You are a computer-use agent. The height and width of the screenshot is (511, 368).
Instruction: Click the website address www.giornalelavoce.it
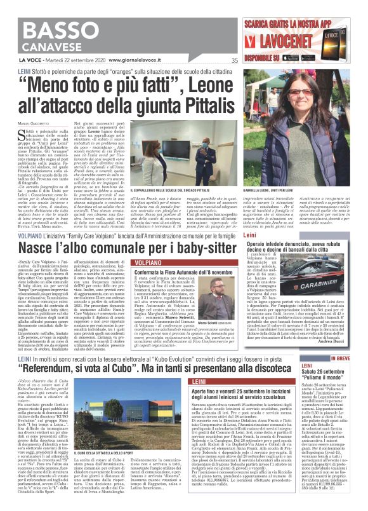pyautogui.click(x=108, y=61)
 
